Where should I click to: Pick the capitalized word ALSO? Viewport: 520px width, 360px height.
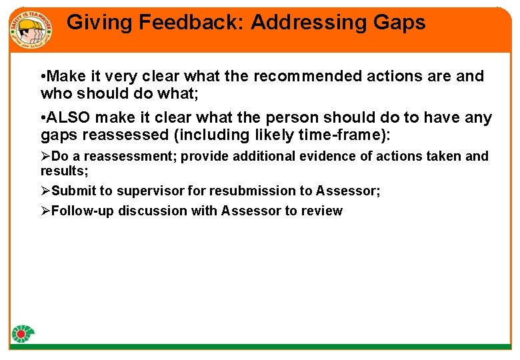[x=69, y=118]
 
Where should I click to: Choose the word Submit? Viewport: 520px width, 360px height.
[x=73, y=191]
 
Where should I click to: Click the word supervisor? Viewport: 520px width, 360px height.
[x=151, y=191]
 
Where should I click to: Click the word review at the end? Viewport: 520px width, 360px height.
[x=322, y=211]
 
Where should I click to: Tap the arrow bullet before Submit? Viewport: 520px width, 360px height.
[x=45, y=191]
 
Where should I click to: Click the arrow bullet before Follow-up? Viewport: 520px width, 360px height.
[x=45, y=211]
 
